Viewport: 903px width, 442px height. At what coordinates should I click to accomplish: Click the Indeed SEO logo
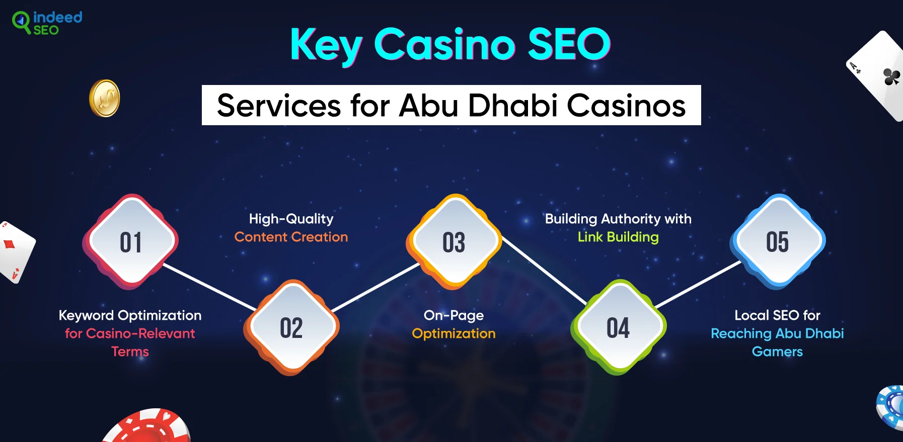tap(47, 23)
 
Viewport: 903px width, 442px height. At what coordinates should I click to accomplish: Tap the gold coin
tap(105, 99)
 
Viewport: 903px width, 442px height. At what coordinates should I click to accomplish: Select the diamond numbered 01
tap(130, 241)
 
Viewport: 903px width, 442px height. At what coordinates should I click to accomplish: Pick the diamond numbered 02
tap(291, 327)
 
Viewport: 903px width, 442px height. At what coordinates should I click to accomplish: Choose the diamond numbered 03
tap(454, 241)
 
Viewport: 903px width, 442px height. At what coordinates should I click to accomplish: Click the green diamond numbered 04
tap(618, 327)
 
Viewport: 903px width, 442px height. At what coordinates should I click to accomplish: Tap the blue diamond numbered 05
tap(778, 241)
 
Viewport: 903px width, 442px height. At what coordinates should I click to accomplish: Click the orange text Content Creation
tap(291, 237)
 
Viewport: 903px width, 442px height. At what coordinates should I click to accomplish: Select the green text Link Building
tap(618, 237)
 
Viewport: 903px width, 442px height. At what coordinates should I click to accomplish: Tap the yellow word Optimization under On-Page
tap(454, 334)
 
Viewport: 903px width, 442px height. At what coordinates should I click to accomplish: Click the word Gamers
tap(777, 351)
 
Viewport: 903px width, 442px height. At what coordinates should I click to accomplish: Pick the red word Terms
tap(130, 351)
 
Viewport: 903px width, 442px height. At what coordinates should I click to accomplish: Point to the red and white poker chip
tap(147, 426)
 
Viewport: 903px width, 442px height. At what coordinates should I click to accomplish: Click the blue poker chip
tap(890, 407)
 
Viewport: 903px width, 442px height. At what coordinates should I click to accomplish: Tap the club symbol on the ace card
tap(891, 77)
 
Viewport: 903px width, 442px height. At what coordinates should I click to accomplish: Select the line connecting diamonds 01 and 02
tap(210, 287)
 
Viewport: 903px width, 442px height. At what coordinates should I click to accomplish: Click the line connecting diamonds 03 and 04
tap(545, 271)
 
